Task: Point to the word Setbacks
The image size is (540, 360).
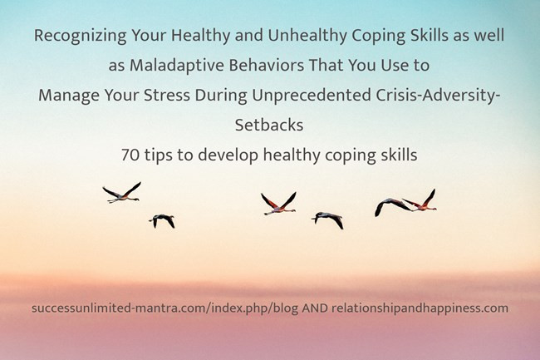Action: [x=269, y=123]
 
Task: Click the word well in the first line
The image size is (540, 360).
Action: [x=486, y=37]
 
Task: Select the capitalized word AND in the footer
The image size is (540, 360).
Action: [x=312, y=308]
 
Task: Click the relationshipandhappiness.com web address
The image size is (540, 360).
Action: [x=420, y=308]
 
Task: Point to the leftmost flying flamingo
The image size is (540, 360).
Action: [x=122, y=194]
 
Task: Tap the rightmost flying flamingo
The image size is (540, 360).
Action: [x=420, y=200]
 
